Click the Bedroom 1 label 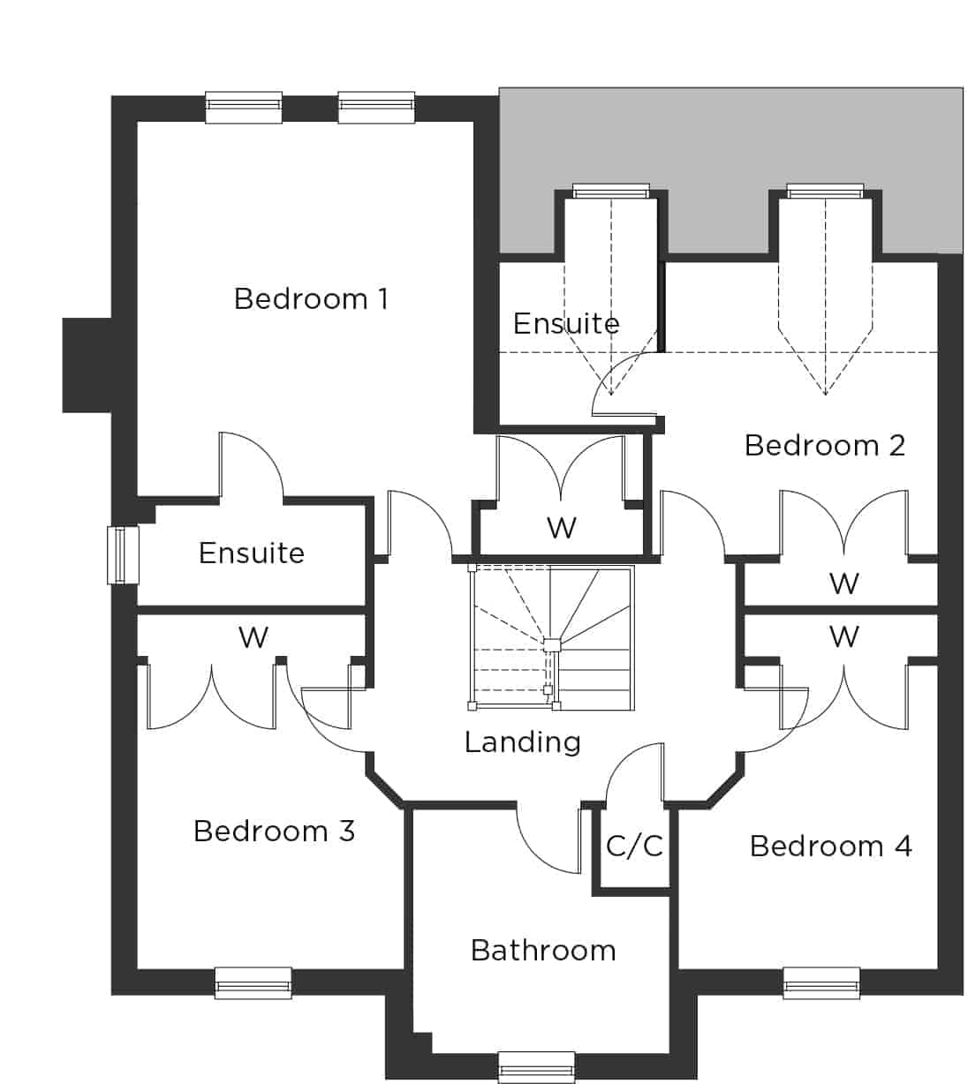click(x=311, y=298)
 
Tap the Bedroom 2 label click(x=825, y=445)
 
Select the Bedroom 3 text click(x=274, y=831)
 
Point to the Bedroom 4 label click(x=831, y=846)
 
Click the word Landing click(x=523, y=742)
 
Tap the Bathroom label click(x=543, y=950)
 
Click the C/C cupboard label click(x=634, y=846)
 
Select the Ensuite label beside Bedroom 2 click(x=566, y=324)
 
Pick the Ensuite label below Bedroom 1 click(x=252, y=553)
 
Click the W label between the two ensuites click(x=562, y=528)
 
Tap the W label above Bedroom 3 click(x=253, y=637)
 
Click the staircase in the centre click(x=551, y=637)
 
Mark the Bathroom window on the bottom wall click(x=536, y=1067)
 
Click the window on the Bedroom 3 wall click(x=253, y=982)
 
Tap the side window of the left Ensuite click(x=123, y=555)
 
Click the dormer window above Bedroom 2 click(x=825, y=191)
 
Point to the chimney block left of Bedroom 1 click(x=87, y=365)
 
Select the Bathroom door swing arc click(x=535, y=854)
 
